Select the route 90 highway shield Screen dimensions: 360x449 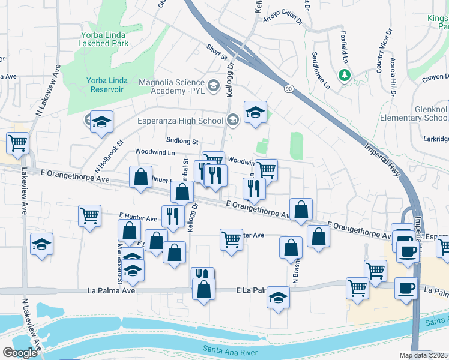[x=289, y=89]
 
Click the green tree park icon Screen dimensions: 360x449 [x=345, y=75]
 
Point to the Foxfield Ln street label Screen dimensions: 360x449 [x=345, y=47]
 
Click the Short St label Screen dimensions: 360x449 [x=216, y=53]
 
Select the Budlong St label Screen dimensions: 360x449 [x=182, y=141]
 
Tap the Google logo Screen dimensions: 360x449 [x=19, y=353]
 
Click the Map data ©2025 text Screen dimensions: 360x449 [x=423, y=355]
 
